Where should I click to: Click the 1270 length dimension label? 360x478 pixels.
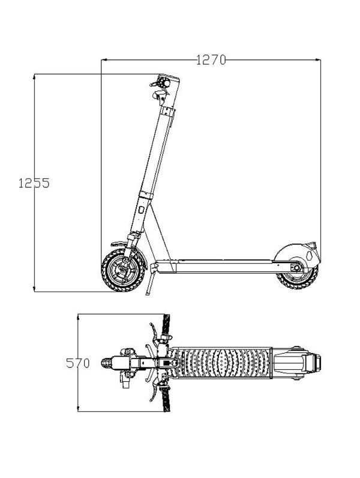tap(210, 59)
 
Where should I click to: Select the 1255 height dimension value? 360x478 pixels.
tap(34, 183)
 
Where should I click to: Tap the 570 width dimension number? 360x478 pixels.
tap(78, 363)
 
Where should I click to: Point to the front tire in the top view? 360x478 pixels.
tap(108, 363)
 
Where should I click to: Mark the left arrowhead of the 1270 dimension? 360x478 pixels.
tap(104, 59)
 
